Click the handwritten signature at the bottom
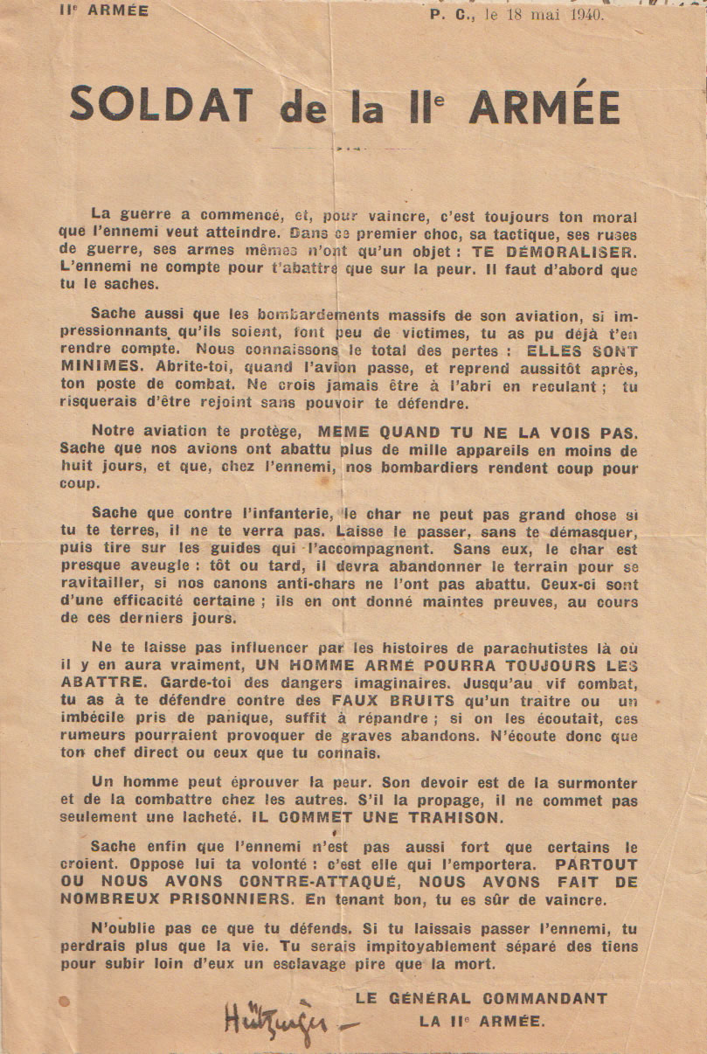[x=272, y=1019]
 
